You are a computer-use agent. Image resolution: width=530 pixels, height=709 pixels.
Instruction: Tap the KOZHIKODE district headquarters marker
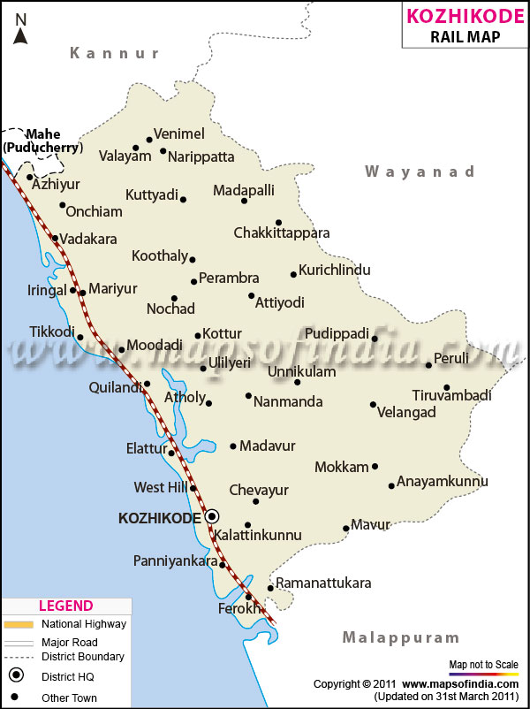pos(212,516)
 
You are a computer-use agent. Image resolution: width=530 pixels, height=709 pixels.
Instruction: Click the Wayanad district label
pos(420,172)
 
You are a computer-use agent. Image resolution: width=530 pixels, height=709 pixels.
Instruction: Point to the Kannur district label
pos(115,53)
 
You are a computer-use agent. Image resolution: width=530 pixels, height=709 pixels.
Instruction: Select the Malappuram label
pos(401,637)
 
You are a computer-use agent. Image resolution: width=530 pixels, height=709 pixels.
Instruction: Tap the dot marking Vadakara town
pos(55,238)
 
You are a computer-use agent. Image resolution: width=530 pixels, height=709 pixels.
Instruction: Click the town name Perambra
pos(229,278)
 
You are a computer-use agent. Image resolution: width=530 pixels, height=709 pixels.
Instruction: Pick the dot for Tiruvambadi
pos(447,387)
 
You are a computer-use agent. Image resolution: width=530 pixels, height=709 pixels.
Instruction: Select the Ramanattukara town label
pos(323,583)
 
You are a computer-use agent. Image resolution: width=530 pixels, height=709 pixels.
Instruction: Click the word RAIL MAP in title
pos(465,36)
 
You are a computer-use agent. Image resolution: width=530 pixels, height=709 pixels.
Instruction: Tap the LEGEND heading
pos(65,606)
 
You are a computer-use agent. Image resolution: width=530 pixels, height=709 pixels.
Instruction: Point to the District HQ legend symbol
pos(16,677)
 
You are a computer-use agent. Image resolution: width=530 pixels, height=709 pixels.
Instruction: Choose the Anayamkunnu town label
pos(443,482)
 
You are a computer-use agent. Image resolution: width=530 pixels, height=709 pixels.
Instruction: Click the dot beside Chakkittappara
pos(278,223)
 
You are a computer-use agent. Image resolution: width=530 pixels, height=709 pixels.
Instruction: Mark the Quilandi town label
pos(114,387)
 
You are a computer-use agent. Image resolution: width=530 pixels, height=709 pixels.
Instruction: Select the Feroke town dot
pos(248,596)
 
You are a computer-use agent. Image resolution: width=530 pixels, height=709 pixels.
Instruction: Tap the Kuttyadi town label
pos(152,194)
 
